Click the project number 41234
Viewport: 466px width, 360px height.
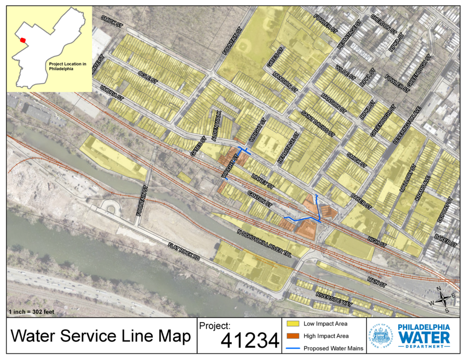[250, 340]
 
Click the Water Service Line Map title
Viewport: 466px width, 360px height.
[101, 336]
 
